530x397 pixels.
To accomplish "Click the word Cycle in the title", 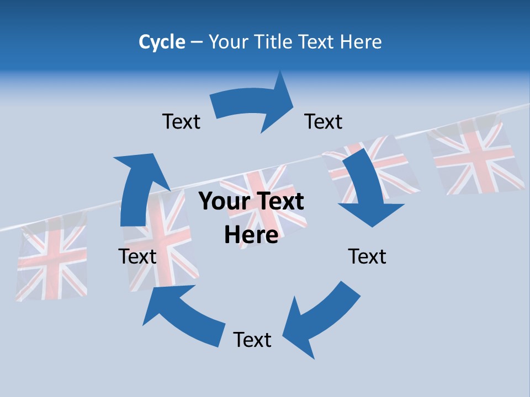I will point(162,42).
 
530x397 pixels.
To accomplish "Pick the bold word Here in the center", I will point(251,235).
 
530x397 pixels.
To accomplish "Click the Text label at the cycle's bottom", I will point(252,340).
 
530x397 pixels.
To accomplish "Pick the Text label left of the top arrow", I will point(181,121).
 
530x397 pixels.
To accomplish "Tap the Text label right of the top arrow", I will point(324,121).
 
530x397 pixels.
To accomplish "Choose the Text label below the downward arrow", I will point(367,256).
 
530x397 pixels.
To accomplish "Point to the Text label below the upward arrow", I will point(137,256).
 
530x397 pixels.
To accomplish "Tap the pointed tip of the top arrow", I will point(293,103).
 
